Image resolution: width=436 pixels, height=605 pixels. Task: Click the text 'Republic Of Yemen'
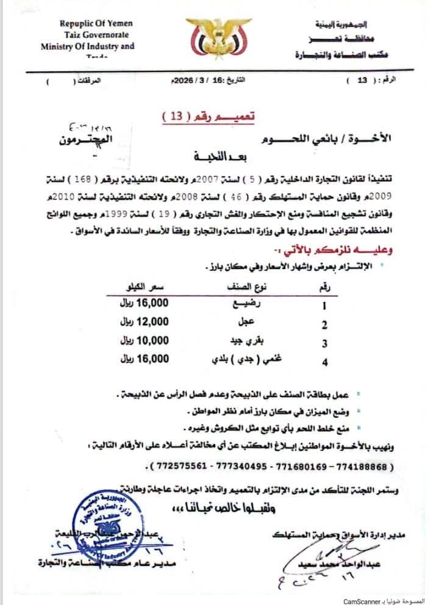coord(96,23)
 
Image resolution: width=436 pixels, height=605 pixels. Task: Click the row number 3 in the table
coord(324,343)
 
